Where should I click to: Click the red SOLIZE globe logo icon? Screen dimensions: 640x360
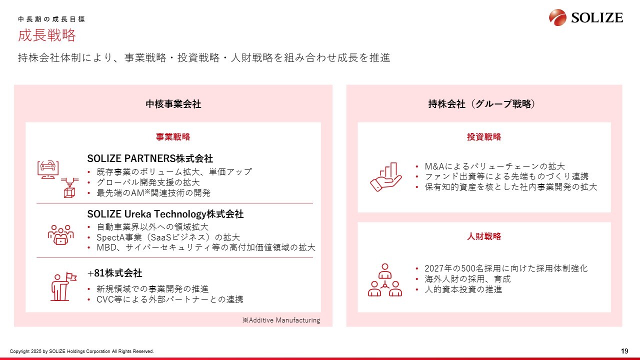[x=557, y=17]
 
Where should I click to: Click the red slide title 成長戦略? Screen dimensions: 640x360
[x=47, y=35]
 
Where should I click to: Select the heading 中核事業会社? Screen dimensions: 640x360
[x=173, y=104]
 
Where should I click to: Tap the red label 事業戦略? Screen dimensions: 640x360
[x=173, y=137]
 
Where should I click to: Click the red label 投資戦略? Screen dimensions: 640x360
[x=484, y=137]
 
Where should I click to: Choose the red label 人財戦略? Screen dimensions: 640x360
[x=484, y=236]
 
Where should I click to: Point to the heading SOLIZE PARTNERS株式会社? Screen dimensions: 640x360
[x=150, y=158]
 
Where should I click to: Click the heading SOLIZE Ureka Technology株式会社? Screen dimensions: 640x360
[x=165, y=214]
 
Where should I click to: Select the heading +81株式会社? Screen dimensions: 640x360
[x=114, y=273]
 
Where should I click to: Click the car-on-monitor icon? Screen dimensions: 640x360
[x=48, y=169]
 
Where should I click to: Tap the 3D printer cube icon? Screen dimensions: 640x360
[x=69, y=187]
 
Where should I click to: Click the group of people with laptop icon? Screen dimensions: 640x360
[x=60, y=235]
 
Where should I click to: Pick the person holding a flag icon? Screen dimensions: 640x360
[x=63, y=286]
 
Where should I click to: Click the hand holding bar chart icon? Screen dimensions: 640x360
[x=385, y=177]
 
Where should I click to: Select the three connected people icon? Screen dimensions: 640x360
[x=385, y=280]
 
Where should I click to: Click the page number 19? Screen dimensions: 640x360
[x=624, y=351]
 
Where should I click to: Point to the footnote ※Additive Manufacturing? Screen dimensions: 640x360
[x=281, y=320]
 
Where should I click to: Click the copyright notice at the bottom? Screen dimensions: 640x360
[x=81, y=351]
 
